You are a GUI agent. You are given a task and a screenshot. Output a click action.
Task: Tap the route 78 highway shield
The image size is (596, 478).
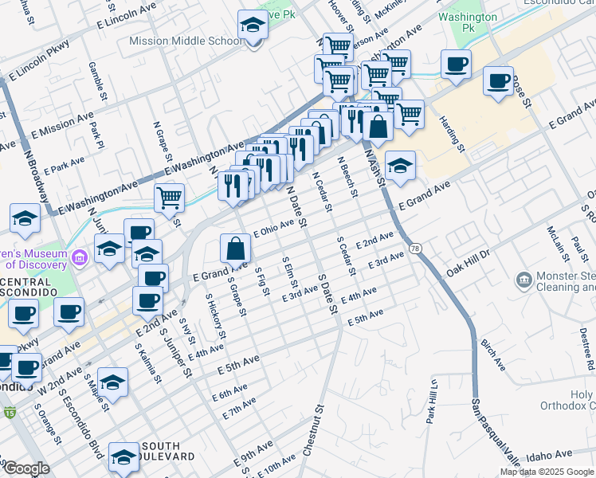coord(415,249)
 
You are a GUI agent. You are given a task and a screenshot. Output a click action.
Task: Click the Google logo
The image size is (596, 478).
coord(26,468)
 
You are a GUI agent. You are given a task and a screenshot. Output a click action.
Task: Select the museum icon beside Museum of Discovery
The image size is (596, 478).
coord(79,257)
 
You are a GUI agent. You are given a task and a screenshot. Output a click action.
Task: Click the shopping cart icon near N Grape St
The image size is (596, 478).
coord(169,197)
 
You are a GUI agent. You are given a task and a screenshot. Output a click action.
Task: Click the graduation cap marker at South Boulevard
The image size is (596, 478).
coord(124,456)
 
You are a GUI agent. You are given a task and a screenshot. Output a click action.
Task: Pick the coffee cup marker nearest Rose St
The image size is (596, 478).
coord(498,80)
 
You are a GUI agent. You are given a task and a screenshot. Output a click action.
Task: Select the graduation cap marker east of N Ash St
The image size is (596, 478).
coord(400,165)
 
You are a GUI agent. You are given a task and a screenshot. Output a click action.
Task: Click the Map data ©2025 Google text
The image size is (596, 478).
coord(547,472)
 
